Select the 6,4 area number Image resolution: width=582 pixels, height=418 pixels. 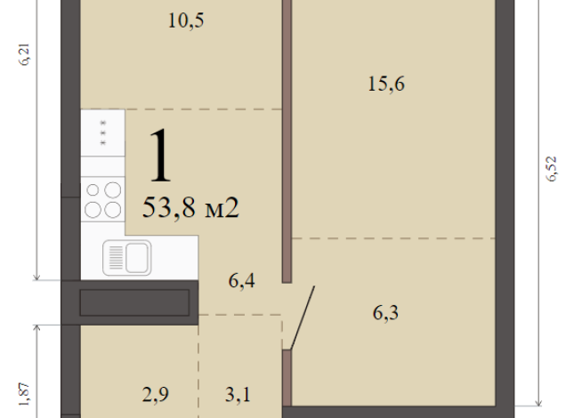(242, 282)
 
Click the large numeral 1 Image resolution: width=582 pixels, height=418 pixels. (161, 157)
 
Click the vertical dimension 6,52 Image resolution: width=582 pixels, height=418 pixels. (551, 168)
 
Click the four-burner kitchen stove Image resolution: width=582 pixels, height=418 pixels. (102, 199)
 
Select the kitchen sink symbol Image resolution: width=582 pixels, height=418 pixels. (127, 258)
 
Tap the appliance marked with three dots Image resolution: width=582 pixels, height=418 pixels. (103, 133)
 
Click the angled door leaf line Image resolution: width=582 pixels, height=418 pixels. (302, 318)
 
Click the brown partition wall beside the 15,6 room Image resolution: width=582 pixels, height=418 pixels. (287, 133)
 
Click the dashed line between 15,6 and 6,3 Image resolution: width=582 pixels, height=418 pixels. (394, 238)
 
